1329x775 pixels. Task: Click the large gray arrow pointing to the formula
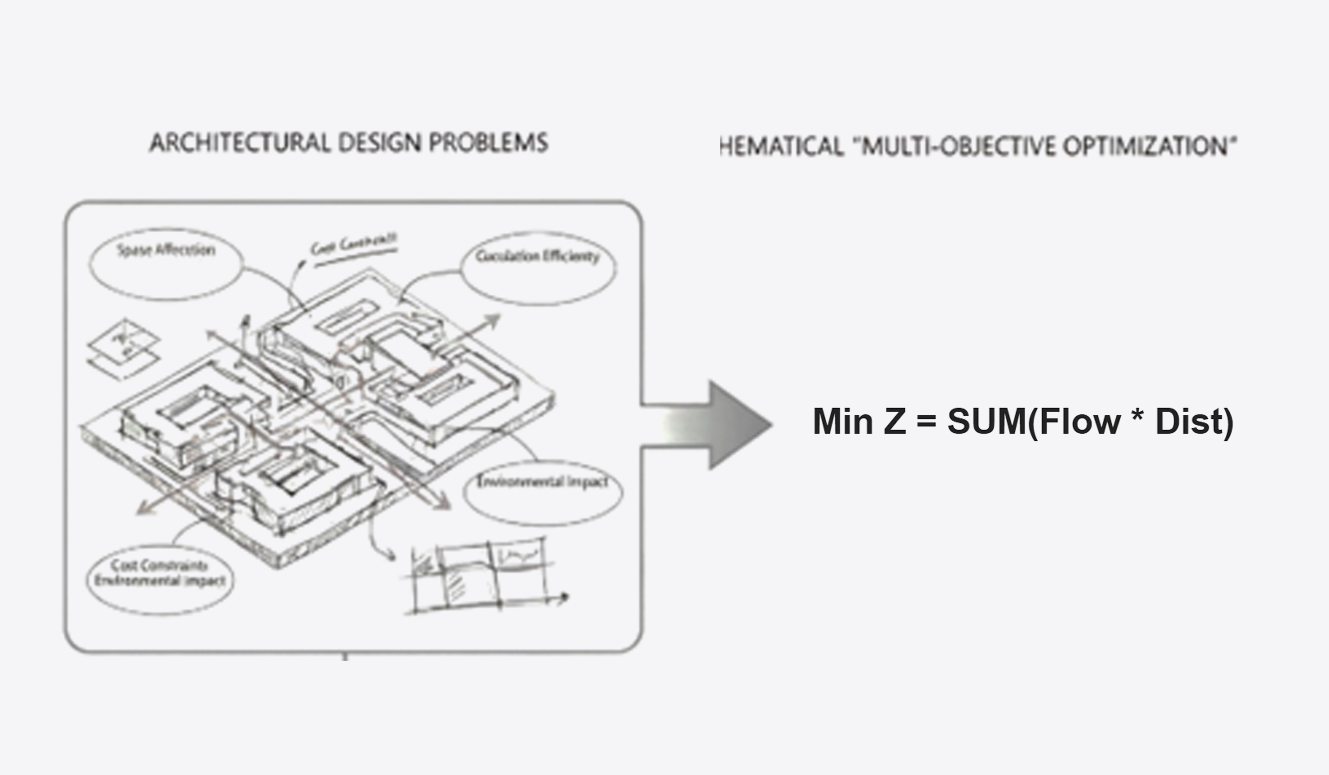717,425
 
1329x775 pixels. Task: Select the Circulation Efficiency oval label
538,267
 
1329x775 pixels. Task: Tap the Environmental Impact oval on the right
543,492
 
